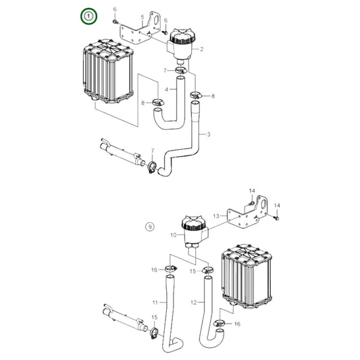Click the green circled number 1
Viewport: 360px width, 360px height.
point(86,15)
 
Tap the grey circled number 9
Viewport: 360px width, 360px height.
point(150,227)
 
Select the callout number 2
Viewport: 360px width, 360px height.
point(201,49)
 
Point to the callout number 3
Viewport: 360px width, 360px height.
point(209,135)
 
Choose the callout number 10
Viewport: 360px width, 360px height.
point(173,234)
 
